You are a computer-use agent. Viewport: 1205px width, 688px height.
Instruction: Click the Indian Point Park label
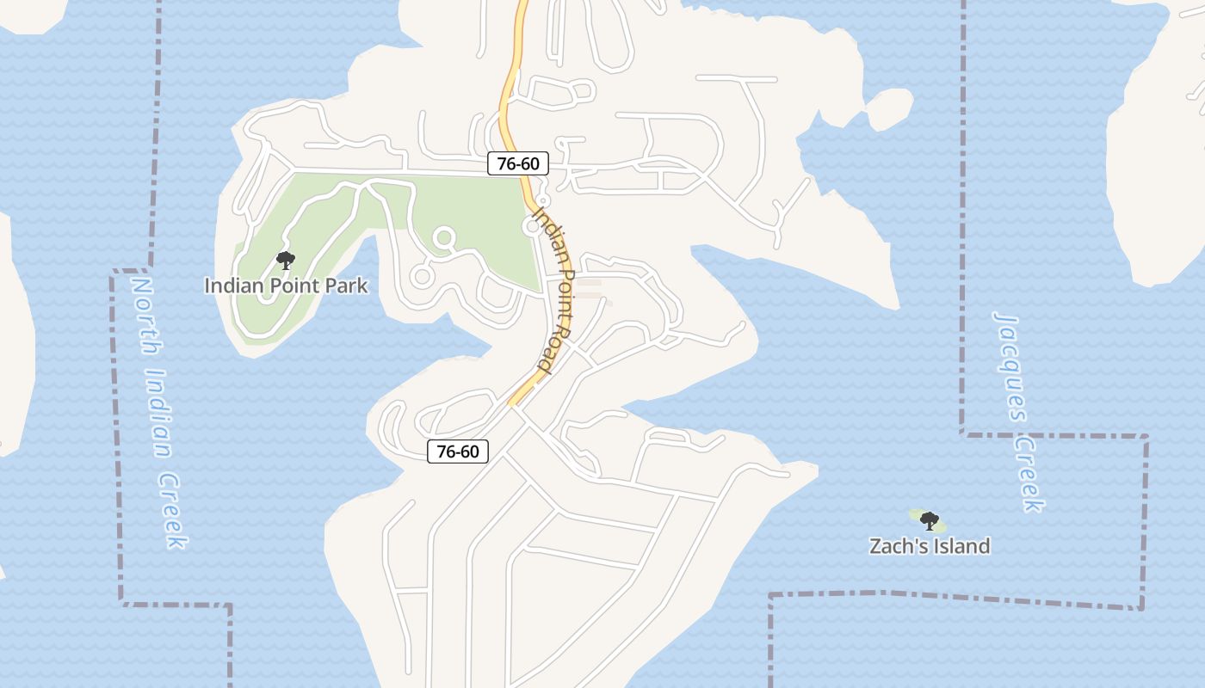click(286, 286)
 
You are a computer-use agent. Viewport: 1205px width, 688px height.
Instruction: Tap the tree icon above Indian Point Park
click(285, 261)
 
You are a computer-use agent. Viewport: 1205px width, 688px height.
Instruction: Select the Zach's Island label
click(930, 546)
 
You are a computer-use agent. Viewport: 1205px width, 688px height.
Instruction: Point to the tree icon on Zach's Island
click(929, 520)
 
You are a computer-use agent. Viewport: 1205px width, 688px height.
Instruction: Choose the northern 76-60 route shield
click(518, 163)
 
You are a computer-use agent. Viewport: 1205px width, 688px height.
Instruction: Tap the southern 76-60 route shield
click(458, 451)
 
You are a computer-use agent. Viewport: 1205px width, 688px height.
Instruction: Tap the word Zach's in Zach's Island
click(896, 546)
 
